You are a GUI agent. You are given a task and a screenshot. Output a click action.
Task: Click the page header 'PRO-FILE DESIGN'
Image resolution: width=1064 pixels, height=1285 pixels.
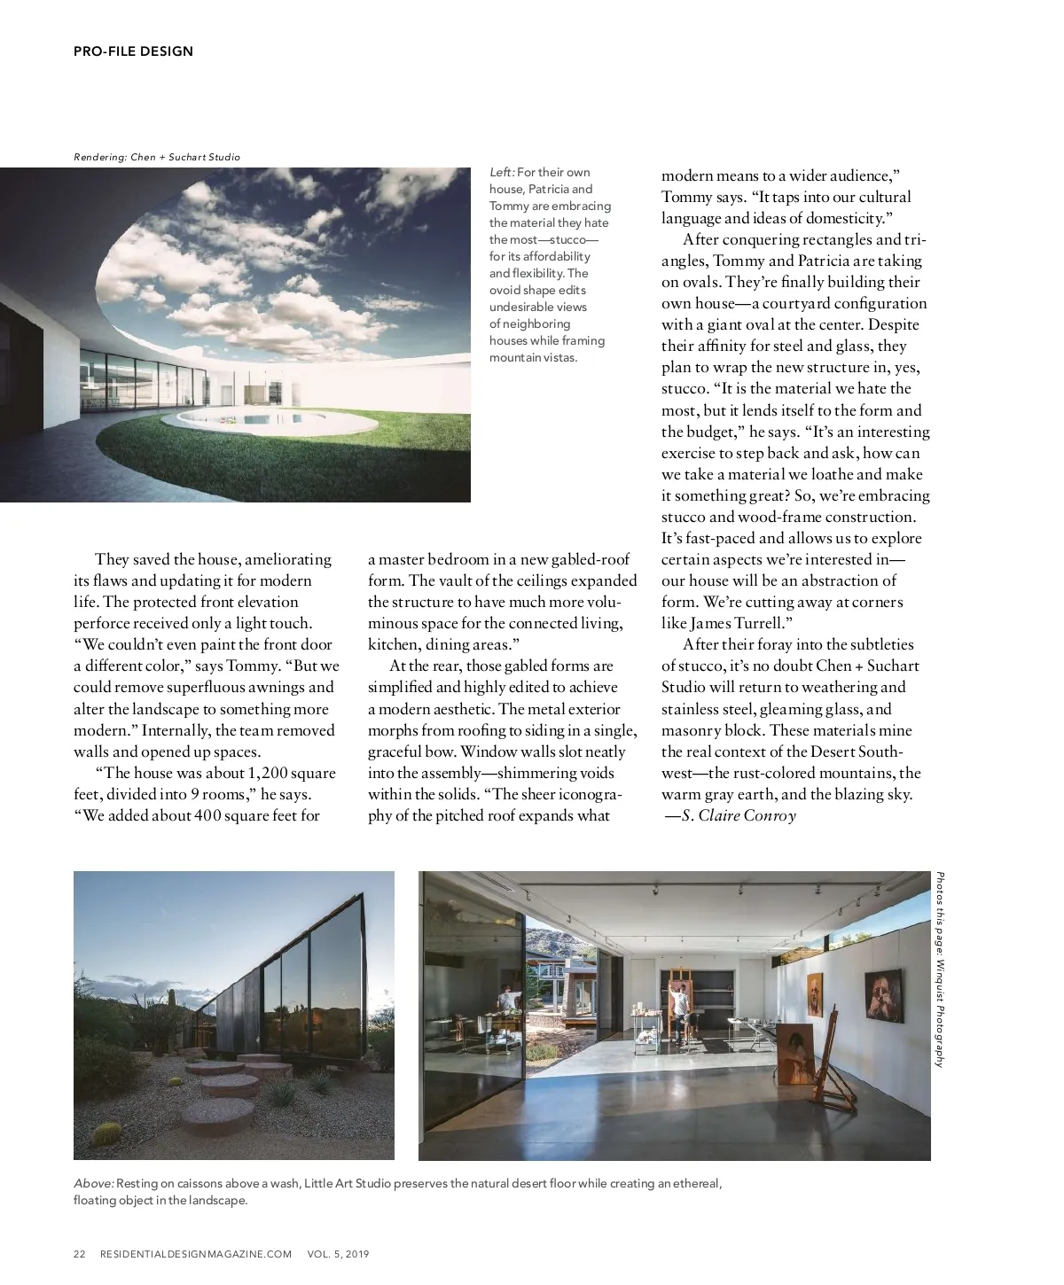click(133, 51)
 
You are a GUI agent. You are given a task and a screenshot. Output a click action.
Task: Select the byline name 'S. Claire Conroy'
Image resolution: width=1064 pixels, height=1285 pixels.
click(739, 816)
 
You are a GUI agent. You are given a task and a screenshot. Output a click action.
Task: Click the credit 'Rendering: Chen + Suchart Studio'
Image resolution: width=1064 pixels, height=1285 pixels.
click(157, 157)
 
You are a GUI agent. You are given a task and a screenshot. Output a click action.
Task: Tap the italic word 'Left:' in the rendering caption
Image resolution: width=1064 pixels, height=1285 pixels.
click(502, 173)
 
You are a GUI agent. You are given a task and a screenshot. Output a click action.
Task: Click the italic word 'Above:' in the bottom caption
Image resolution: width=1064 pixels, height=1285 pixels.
click(93, 1184)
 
